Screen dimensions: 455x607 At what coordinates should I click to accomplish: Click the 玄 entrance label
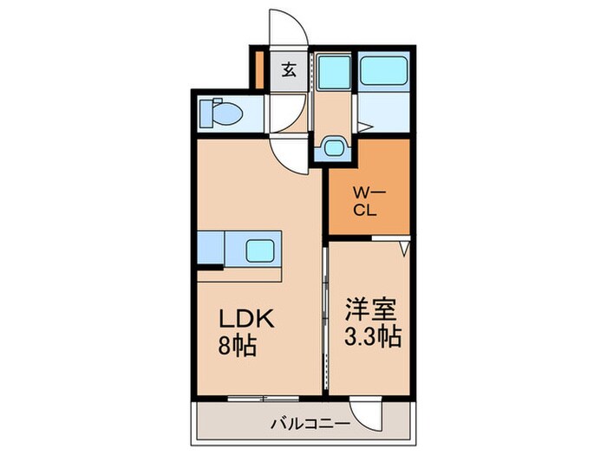click(289, 70)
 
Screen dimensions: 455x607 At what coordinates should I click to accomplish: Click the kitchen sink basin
click(259, 250)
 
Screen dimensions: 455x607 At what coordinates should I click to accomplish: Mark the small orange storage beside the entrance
click(258, 64)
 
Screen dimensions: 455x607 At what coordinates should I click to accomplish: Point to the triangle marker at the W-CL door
click(403, 250)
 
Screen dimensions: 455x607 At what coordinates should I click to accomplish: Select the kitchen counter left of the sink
click(211, 250)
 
